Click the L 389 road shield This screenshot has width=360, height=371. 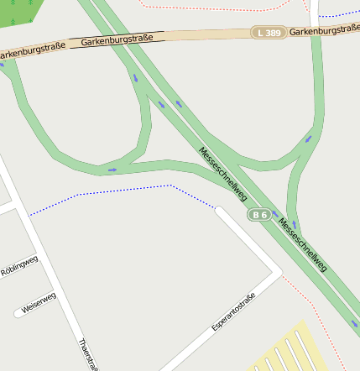[x=269, y=32]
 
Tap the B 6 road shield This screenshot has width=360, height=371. [x=258, y=215]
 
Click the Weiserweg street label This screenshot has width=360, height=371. [x=38, y=302]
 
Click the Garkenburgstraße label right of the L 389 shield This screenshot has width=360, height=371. [x=324, y=29]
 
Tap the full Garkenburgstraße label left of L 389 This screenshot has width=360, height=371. [x=117, y=39]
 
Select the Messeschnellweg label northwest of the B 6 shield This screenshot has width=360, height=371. [x=222, y=174]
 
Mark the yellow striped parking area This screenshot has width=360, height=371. [x=290, y=351]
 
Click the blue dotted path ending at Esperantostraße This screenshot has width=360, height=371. [x=126, y=190]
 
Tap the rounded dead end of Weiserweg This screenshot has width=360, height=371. [x=18, y=314]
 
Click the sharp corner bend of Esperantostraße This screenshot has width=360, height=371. [x=278, y=272]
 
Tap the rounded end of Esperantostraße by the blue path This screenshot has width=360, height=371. [x=219, y=210]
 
